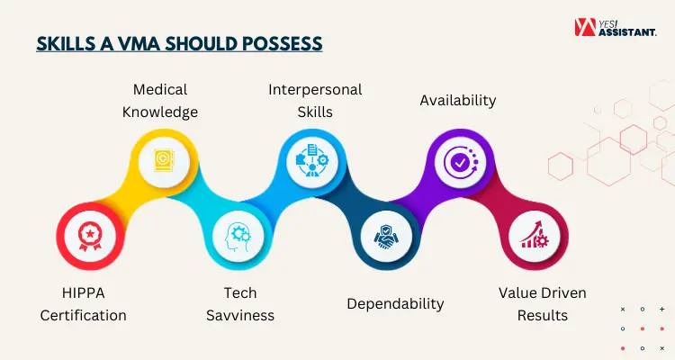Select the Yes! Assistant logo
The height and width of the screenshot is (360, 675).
point(616,27)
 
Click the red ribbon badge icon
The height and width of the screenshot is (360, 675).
point(90,237)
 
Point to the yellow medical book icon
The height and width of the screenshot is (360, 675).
point(164,162)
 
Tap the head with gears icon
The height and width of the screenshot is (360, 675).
point(238,237)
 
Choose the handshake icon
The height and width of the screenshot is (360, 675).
point(386,237)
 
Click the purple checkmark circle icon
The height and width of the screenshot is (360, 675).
point(461,162)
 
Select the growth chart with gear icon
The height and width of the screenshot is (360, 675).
point(535,236)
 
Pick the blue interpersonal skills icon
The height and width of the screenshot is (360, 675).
point(312,160)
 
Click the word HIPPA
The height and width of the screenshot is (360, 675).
point(84,293)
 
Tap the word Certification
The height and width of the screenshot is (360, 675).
point(84,316)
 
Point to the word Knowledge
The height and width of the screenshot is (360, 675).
point(160,112)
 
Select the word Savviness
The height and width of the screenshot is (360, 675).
point(240,316)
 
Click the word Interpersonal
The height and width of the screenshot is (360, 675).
point(315,90)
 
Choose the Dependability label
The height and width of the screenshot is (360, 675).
point(395,304)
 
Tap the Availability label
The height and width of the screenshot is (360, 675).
point(458,101)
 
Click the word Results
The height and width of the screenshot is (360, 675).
point(543,316)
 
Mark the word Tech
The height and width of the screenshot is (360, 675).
point(240,293)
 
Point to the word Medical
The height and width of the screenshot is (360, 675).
point(160,90)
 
